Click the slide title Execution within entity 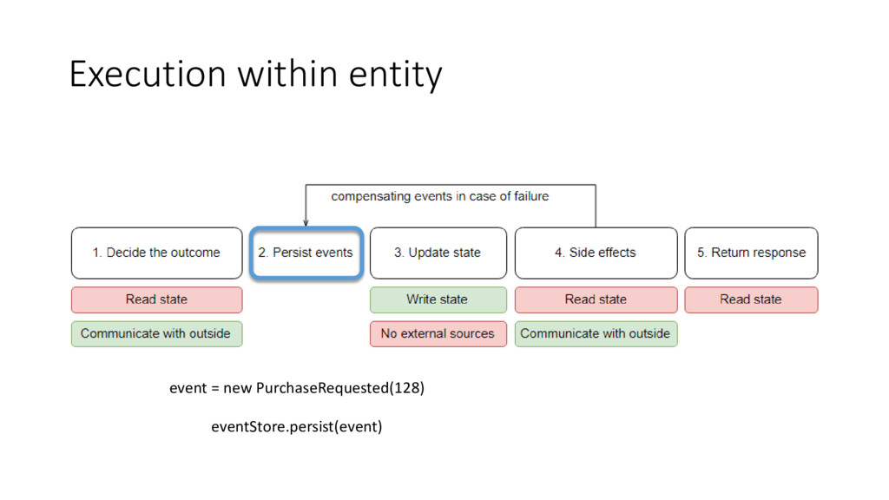tap(255, 76)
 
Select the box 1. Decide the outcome tap(156, 253)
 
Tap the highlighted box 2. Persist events tap(306, 253)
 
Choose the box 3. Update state tap(438, 253)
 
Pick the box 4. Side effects tap(596, 253)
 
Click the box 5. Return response tap(751, 253)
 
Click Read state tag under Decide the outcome tap(156, 299)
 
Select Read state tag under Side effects tap(596, 299)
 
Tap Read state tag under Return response tap(751, 299)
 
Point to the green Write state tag tap(438, 299)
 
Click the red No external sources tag tap(438, 333)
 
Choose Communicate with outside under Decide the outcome tap(156, 333)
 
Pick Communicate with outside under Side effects tap(596, 333)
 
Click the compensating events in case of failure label tap(440, 196)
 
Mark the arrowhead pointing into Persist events tap(306, 221)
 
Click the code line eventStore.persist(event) tap(297, 427)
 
